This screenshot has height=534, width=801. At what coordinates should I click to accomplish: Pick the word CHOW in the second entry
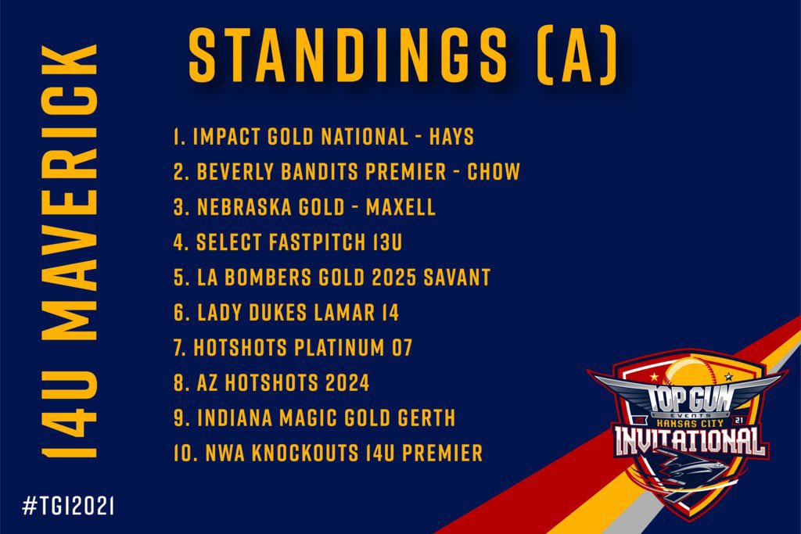(x=494, y=172)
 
